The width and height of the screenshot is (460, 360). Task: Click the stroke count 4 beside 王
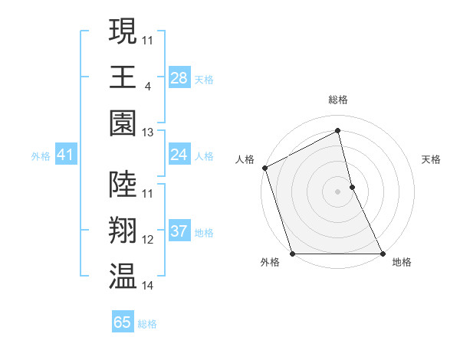(x=147, y=87)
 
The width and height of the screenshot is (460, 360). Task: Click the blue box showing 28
(x=179, y=77)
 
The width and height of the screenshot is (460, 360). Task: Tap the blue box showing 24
(x=179, y=155)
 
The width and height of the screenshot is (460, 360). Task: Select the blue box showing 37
(x=179, y=231)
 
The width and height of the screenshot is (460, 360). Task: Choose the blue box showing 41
(x=65, y=155)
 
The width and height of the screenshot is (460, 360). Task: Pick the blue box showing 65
(x=123, y=322)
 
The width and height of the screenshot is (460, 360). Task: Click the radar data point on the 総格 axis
(x=337, y=131)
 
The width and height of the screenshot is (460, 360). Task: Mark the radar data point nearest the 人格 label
(x=264, y=168)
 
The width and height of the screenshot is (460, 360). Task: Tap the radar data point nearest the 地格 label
(x=382, y=253)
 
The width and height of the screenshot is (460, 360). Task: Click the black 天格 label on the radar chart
(x=431, y=159)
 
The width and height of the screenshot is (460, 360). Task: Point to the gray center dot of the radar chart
(x=337, y=191)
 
